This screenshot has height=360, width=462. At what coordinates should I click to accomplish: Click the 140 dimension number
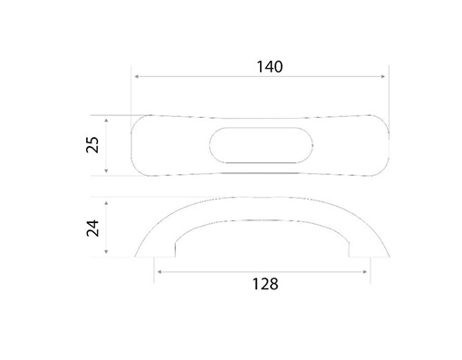[270, 67]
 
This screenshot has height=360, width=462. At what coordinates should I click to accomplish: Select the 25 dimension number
[92, 145]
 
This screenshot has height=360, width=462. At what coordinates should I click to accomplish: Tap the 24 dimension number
[92, 228]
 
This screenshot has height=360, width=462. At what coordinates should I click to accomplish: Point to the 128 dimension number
[265, 284]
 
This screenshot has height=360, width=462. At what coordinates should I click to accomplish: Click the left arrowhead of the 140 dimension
[136, 76]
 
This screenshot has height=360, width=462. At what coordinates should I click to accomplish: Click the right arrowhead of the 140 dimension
[383, 76]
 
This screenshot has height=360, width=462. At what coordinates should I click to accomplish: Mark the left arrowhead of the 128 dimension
[159, 272]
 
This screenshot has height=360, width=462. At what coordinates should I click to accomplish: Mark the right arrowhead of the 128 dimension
[365, 272]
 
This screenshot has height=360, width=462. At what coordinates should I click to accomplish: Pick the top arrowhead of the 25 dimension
[106, 121]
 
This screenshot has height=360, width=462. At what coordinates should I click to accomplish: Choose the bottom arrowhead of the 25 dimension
[106, 170]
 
